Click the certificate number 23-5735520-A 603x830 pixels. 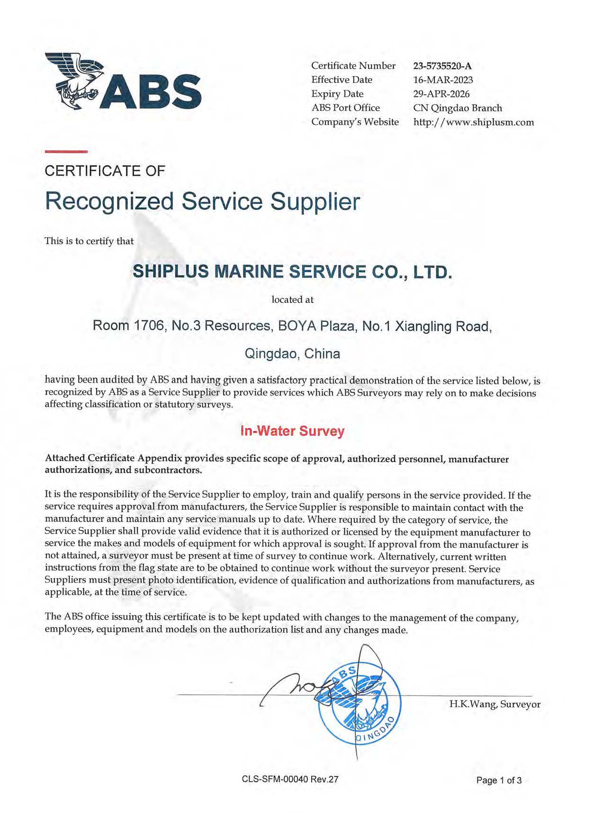pos(442,66)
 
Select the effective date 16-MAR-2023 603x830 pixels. pos(443,80)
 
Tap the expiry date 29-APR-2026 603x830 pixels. pos(441,94)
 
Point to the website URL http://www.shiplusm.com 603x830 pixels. pos(473,122)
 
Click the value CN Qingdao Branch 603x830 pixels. pos(457,108)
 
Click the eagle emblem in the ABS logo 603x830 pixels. pos(74,80)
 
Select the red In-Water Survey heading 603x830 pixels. pos(292,431)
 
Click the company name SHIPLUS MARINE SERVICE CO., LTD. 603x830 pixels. pos(292,272)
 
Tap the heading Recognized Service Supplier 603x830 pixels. pos(202,201)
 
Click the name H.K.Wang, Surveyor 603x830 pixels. pos(495,704)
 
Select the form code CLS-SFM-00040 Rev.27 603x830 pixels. pos(290,779)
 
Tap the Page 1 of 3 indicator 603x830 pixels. pos(499,780)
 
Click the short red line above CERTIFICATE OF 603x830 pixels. pos(66,152)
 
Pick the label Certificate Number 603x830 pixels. pos(353,66)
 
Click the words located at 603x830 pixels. pos(292,300)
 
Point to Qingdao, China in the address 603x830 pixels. pos(292,354)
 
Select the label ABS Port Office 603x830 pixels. pos(345,108)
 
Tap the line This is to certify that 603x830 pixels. pos(89,241)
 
